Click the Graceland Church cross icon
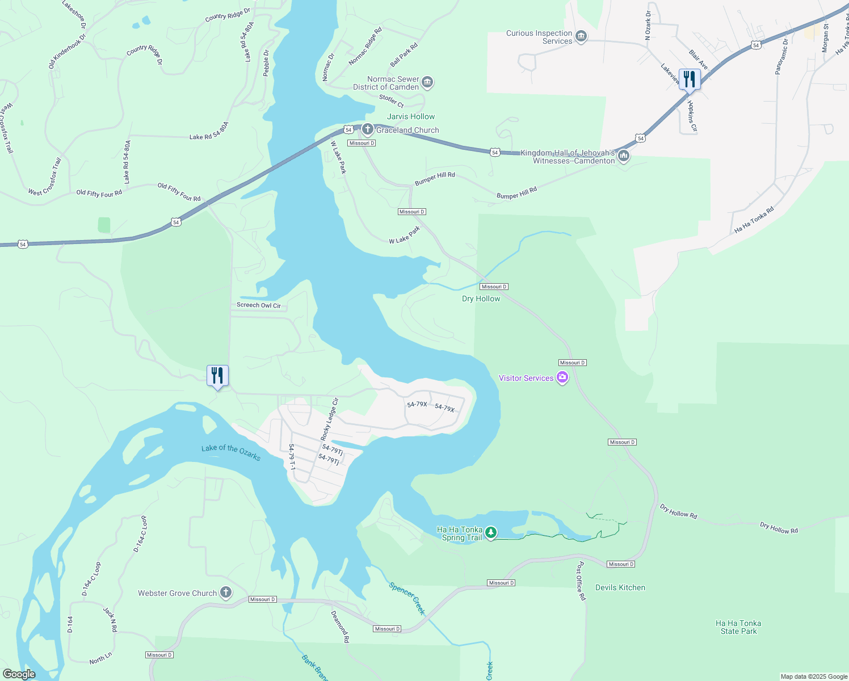click(x=367, y=129)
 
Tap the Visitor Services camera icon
click(x=562, y=377)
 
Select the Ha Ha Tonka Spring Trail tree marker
click(x=491, y=533)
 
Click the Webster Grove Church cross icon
click(x=226, y=593)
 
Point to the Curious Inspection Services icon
click(x=581, y=37)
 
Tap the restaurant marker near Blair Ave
click(x=690, y=79)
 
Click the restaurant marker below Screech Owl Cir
click(x=217, y=376)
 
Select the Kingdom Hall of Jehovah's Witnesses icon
click(x=623, y=155)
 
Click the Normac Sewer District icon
click(x=427, y=83)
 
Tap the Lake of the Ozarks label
click(x=231, y=452)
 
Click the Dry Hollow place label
click(x=481, y=299)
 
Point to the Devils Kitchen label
click(x=620, y=587)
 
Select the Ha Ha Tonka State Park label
click(x=738, y=627)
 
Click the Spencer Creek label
click(x=407, y=598)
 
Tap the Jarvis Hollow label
click(x=411, y=116)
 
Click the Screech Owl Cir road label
click(x=258, y=305)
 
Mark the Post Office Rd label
click(x=581, y=581)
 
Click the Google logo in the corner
click(x=19, y=674)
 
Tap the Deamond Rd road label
click(x=340, y=627)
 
